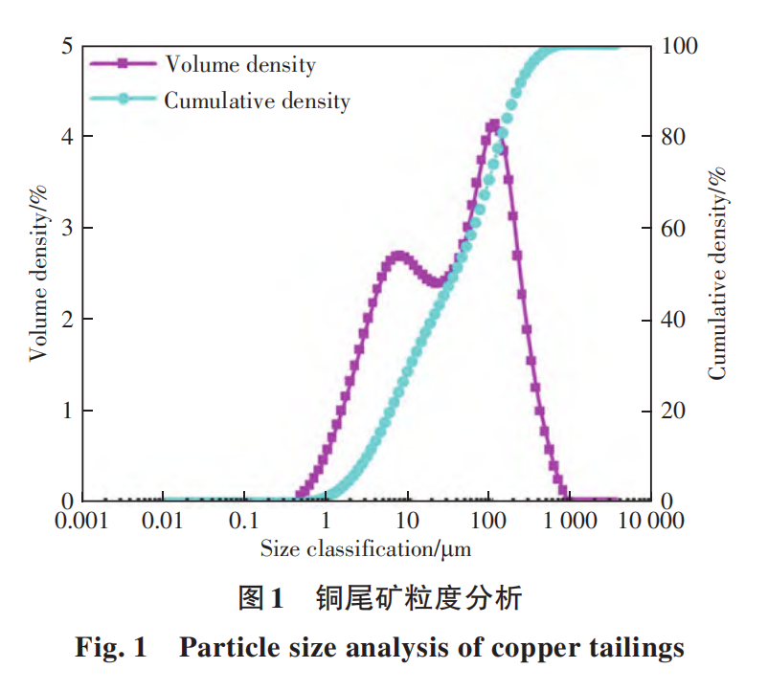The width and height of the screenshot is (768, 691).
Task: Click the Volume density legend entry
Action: pyautogui.click(x=239, y=64)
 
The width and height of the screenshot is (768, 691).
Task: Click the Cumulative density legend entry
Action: pyautogui.click(x=257, y=100)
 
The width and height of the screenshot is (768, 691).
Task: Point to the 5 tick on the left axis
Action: pyautogui.click(x=68, y=46)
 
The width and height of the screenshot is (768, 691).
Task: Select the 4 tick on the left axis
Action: pyautogui.click(x=68, y=137)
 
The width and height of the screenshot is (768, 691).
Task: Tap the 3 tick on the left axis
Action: pyautogui.click(x=68, y=228)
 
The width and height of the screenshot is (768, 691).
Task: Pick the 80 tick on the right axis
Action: pyautogui.click(x=675, y=137)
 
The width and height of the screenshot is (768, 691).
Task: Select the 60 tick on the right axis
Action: pyautogui.click(x=675, y=228)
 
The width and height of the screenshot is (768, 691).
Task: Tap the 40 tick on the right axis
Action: pyautogui.click(x=675, y=319)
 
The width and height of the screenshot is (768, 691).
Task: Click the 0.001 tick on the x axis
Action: pyautogui.click(x=82, y=522)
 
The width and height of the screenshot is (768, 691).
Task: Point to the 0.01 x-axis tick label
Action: pyautogui.click(x=164, y=522)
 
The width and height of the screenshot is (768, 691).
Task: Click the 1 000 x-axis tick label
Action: pyautogui.click(x=570, y=522)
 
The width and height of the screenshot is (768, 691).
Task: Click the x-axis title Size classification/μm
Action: pyautogui.click(x=366, y=548)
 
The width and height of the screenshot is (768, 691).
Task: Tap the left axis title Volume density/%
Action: pyautogui.click(x=39, y=274)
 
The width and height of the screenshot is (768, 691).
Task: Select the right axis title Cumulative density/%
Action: pyautogui.click(x=717, y=274)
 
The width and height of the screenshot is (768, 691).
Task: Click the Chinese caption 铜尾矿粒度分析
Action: pyautogui.click(x=419, y=599)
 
